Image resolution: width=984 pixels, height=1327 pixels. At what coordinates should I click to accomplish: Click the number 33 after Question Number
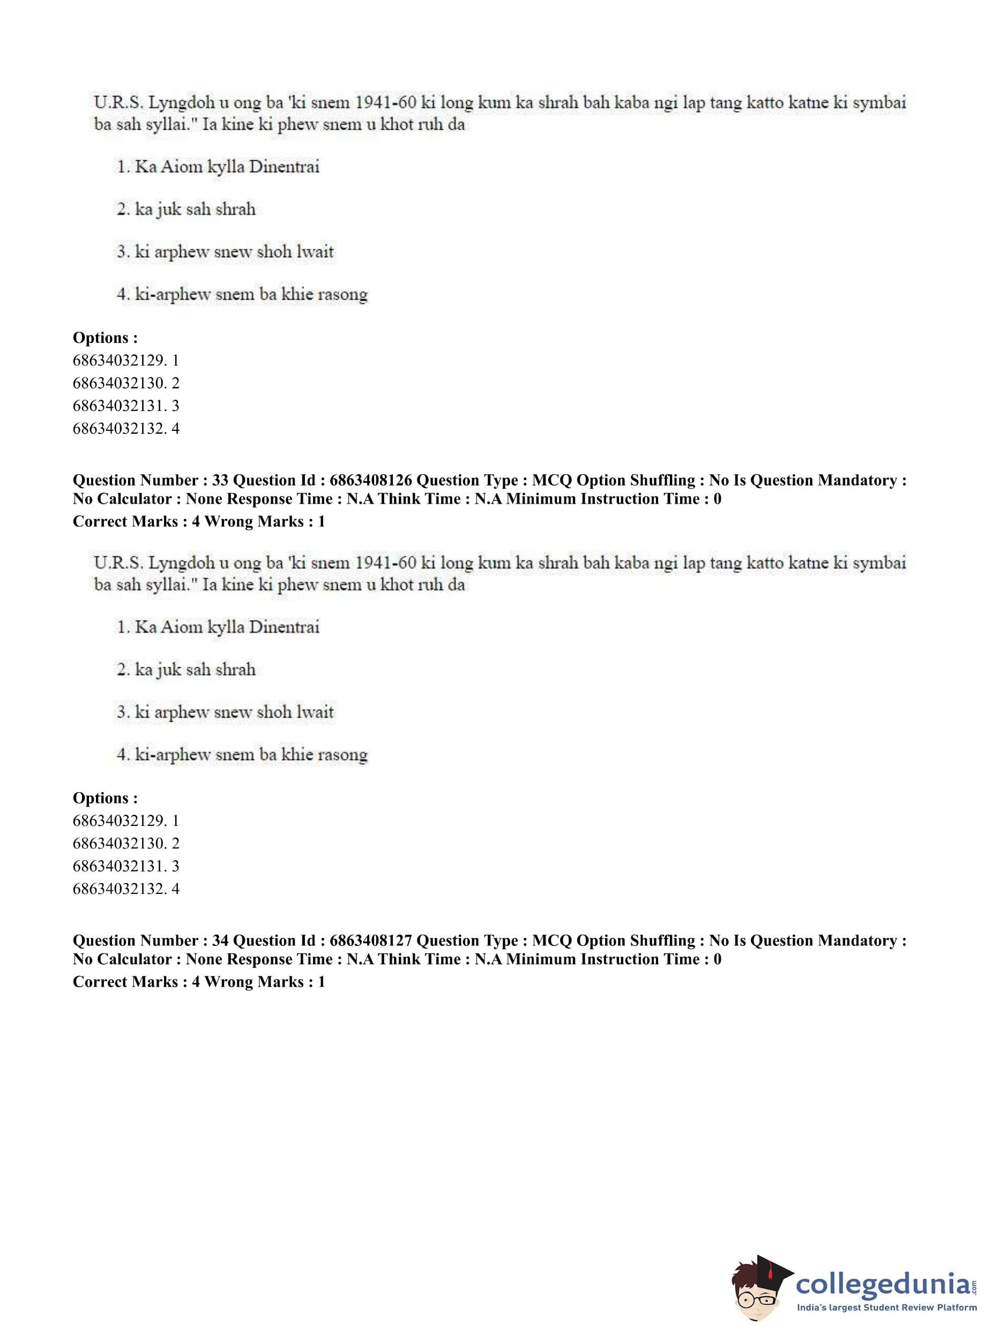(x=220, y=481)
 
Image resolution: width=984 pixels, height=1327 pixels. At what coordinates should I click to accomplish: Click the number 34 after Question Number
(x=220, y=941)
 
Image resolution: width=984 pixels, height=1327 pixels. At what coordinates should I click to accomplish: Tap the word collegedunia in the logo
(x=883, y=1285)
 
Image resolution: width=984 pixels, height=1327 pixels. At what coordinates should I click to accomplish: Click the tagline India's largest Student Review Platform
(x=886, y=1308)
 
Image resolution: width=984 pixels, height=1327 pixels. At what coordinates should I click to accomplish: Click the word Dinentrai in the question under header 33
(x=284, y=627)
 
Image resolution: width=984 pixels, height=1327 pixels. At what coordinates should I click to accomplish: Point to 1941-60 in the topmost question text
(x=385, y=102)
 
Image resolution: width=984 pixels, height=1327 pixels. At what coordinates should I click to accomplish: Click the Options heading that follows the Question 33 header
(x=105, y=798)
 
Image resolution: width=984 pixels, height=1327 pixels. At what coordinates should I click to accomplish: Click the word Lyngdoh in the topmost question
(x=181, y=102)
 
